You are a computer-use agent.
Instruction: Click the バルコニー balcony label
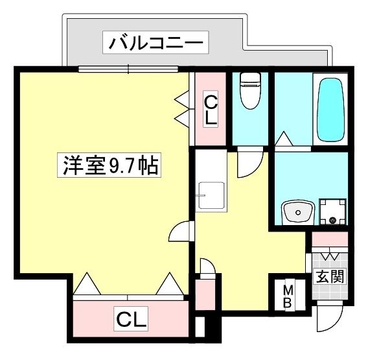pyautogui.click(x=155, y=43)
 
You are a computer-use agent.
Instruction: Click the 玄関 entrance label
pyautogui.click(x=330, y=276)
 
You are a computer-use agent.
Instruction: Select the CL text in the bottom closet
pyautogui.click(x=132, y=319)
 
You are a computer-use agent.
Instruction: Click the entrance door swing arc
pyautogui.click(x=330, y=318)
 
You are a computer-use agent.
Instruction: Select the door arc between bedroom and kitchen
pyautogui.click(x=181, y=232)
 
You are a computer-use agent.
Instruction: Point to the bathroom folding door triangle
pyautogui.click(x=282, y=139)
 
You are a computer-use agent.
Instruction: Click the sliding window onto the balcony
pyautogui.click(x=128, y=69)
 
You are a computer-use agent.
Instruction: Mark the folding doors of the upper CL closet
pyautogui.click(x=183, y=108)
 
